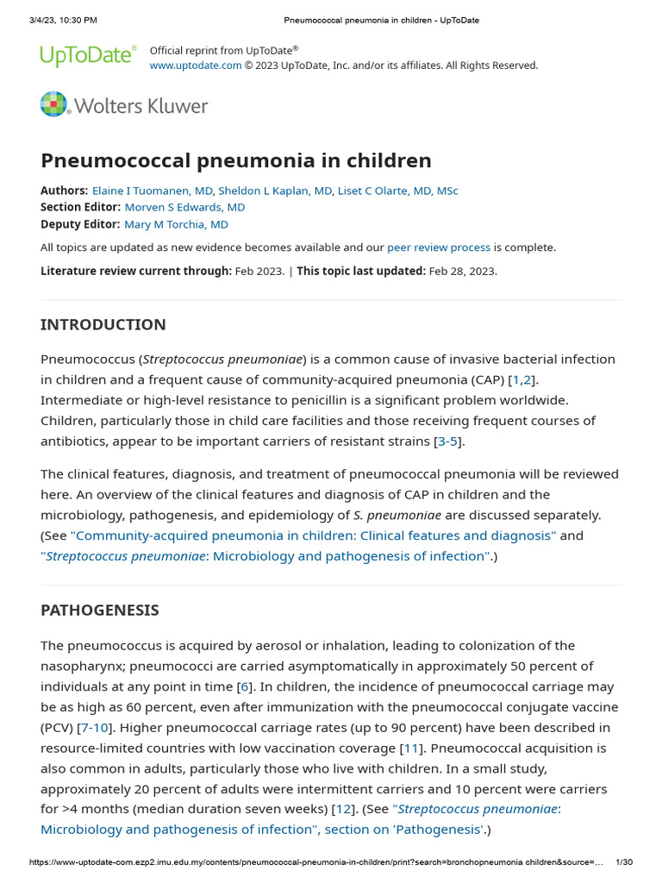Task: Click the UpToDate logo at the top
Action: pyautogui.click(x=88, y=56)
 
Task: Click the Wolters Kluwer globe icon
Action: pyautogui.click(x=53, y=104)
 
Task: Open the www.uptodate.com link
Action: pyautogui.click(x=196, y=66)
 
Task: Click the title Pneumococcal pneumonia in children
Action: pyautogui.click(x=236, y=160)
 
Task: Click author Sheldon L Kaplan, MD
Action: pyautogui.click(x=275, y=191)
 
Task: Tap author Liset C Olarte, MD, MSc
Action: pyautogui.click(x=398, y=191)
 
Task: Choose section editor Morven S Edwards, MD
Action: pyautogui.click(x=184, y=207)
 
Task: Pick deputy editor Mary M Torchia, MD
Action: pyautogui.click(x=177, y=224)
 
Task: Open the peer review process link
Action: pyautogui.click(x=439, y=247)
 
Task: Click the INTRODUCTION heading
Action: pyautogui.click(x=103, y=325)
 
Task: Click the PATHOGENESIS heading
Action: pyautogui.click(x=100, y=611)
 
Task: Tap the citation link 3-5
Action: pyautogui.click(x=448, y=441)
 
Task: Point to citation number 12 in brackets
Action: pyautogui.click(x=343, y=809)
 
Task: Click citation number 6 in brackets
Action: pyautogui.click(x=245, y=686)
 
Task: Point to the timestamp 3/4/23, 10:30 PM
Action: pyautogui.click(x=57, y=20)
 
